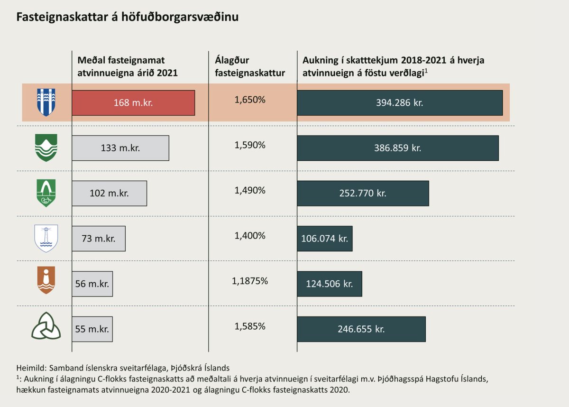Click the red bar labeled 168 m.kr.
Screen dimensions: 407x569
pos(133,102)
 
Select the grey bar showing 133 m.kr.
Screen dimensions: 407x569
pos(120,148)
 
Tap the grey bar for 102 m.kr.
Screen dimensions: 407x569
pos(109,193)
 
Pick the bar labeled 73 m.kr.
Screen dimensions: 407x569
pos(99,239)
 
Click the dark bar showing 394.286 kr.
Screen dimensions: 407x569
pos(400,102)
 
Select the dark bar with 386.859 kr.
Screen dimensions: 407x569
pos(398,148)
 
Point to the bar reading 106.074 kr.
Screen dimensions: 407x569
pos(325,239)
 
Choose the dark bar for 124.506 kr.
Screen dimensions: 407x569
pos(330,284)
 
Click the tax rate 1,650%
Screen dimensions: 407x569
pos(250,100)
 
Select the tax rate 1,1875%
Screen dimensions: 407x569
pos(250,281)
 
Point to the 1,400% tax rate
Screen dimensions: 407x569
pos(250,236)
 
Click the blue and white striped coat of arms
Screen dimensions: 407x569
pos(46,102)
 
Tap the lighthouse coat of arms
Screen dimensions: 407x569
pos(46,239)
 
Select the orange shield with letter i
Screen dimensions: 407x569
pos(46,280)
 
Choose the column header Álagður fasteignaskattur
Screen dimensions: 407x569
pos(250,66)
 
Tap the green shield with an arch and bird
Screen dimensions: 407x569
pos(46,193)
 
